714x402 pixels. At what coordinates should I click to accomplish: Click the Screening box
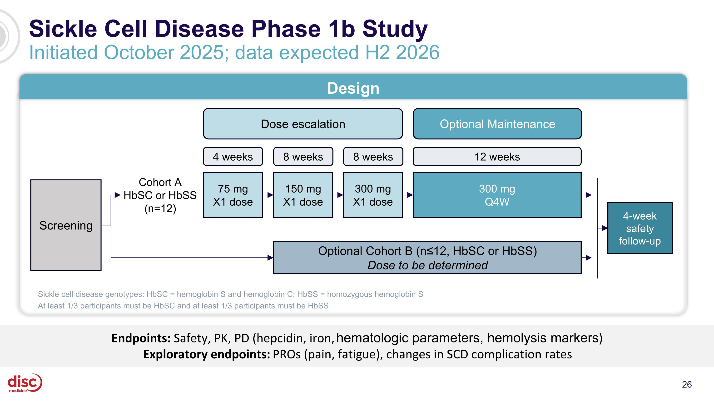66,225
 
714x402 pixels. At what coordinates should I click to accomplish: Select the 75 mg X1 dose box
233,195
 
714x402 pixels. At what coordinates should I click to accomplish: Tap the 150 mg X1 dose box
303,195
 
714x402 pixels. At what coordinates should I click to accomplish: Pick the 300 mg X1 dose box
373,195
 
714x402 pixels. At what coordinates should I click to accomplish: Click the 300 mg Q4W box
497,195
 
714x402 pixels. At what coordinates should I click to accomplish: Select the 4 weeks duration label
233,157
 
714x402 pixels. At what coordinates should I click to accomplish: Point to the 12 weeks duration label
497,157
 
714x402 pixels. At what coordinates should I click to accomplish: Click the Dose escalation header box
303,124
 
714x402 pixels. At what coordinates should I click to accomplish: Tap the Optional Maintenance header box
497,124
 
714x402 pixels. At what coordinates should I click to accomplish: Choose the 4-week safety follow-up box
640,228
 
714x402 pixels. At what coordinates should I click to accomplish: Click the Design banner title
353,88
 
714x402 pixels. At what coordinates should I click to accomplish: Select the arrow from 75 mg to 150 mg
268,195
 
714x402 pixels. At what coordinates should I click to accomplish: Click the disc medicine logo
24,383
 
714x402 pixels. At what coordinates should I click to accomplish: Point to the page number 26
687,385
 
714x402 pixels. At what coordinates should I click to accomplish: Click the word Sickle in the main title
63,29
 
